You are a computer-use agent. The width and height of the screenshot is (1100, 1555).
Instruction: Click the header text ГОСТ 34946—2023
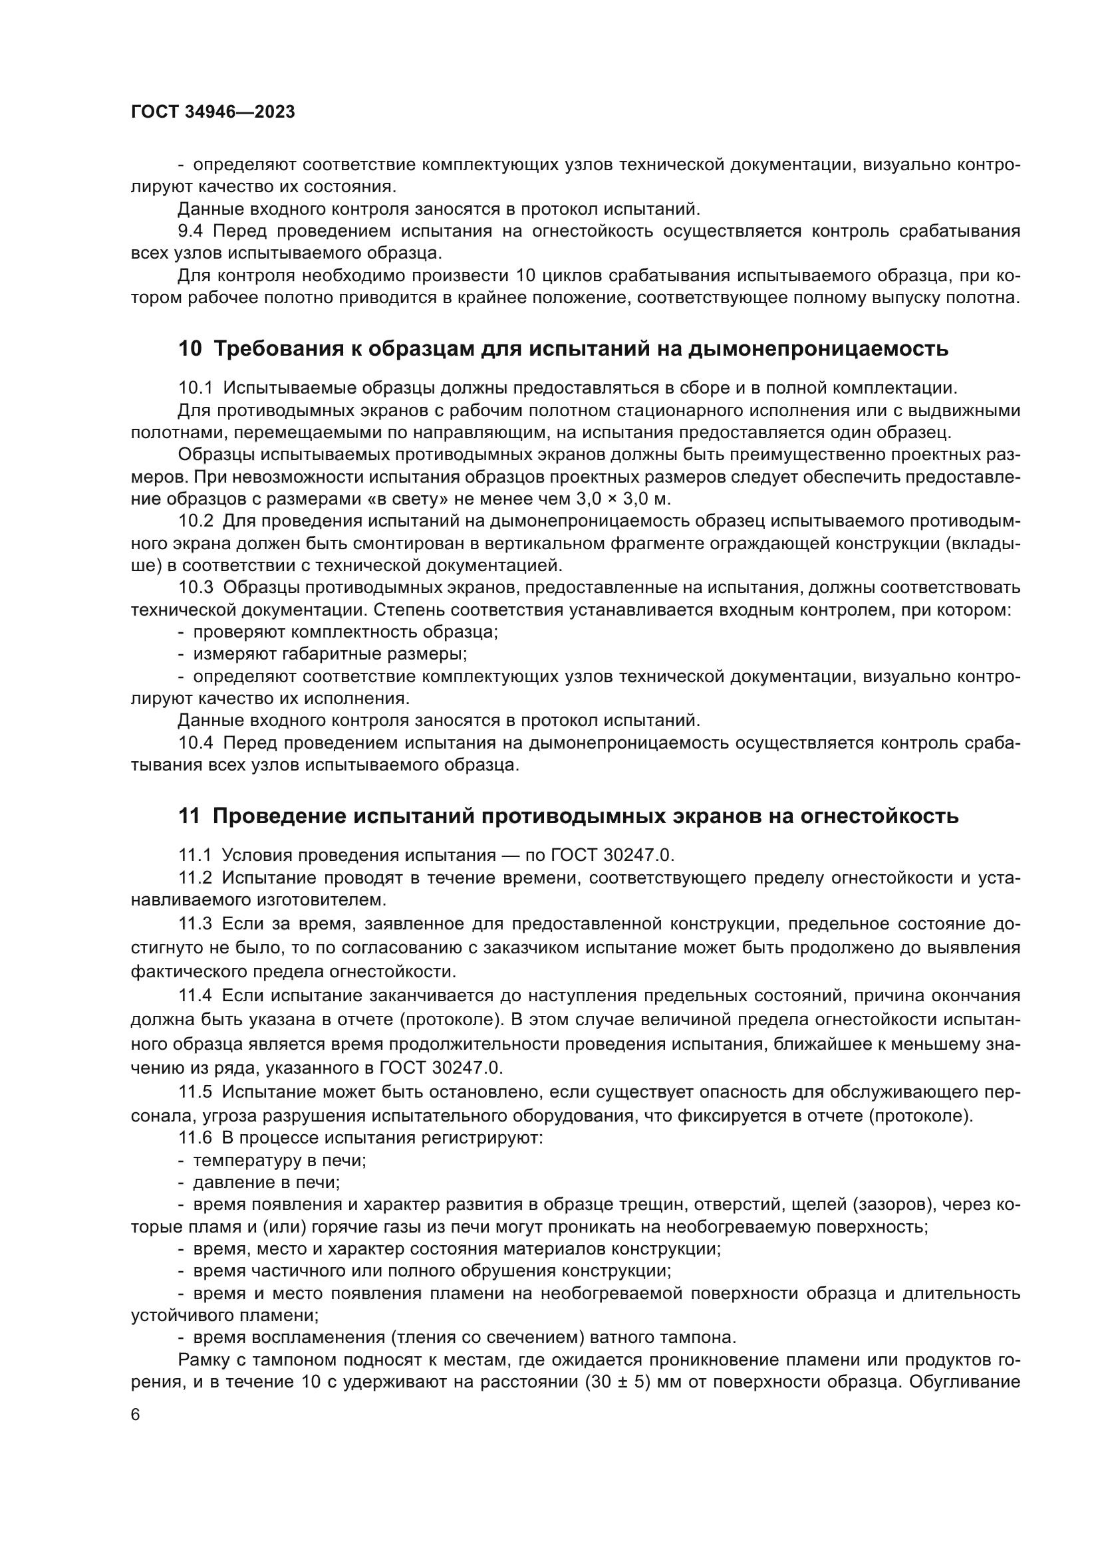(213, 112)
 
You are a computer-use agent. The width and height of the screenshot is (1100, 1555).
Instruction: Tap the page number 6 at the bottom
(136, 1415)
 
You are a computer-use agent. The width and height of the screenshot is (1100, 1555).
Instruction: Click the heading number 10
(190, 349)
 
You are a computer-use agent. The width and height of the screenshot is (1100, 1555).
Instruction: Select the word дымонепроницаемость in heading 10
(817, 349)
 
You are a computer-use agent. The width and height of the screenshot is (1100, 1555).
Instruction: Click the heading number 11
(189, 816)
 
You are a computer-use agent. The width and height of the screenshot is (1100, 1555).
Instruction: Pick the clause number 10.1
(195, 388)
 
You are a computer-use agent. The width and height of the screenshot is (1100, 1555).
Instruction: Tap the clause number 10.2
(195, 521)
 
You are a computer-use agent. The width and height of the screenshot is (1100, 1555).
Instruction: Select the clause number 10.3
(195, 588)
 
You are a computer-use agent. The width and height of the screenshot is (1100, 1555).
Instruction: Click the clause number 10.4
(195, 743)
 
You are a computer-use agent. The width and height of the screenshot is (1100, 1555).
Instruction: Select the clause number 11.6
(195, 1137)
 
